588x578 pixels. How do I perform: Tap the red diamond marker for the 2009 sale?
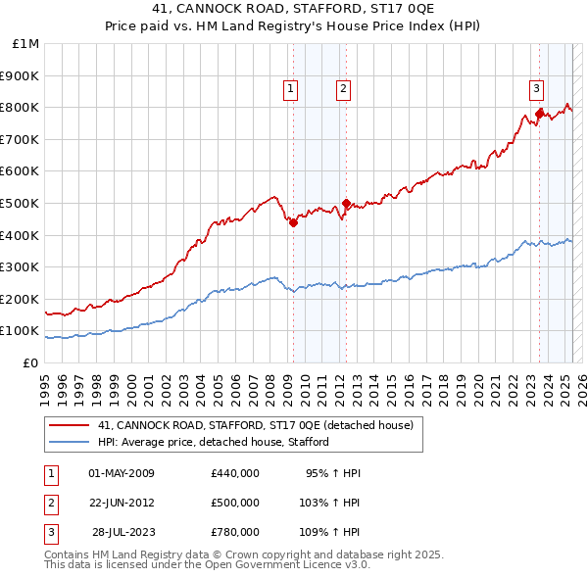click(293, 222)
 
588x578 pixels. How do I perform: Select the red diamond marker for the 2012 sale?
click(346, 204)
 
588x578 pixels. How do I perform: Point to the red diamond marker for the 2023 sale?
click(539, 115)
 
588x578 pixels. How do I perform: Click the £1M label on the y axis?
click(26, 44)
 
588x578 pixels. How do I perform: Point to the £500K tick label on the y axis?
click(21, 204)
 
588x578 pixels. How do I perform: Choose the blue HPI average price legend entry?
click(213, 442)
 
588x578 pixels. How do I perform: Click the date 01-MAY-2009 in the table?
click(122, 474)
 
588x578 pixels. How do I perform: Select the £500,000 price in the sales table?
click(235, 503)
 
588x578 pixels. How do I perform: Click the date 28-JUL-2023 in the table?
click(122, 532)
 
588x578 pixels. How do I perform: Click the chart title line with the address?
click(294, 10)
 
